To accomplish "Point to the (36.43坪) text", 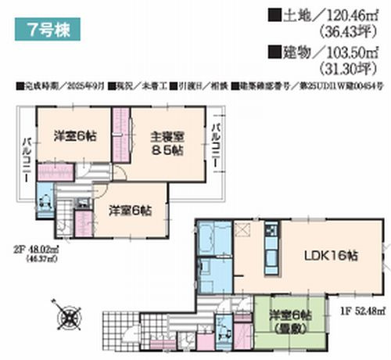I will [346, 32].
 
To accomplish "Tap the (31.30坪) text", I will [346, 70].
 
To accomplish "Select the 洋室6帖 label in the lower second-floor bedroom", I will [130, 210].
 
